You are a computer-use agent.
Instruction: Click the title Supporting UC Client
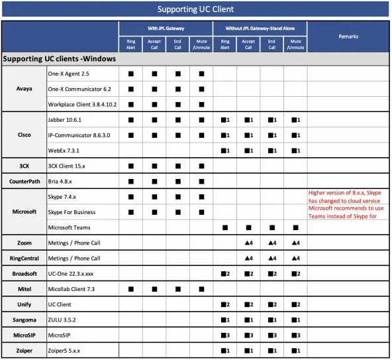[x=195, y=9]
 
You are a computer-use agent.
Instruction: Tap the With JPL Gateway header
[x=166, y=29]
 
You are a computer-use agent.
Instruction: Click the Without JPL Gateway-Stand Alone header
[x=260, y=29]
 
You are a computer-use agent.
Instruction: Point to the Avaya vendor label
[x=24, y=88]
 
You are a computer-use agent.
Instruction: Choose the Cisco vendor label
[x=24, y=135]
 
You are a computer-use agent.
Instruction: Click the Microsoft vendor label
[x=24, y=211]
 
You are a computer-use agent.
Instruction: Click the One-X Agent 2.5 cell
[x=68, y=74]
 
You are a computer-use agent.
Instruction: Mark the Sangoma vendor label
[x=24, y=319]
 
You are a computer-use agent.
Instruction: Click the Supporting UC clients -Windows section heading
[x=60, y=59]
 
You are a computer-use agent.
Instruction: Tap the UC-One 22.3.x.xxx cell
[x=75, y=273]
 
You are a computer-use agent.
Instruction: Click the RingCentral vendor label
[x=24, y=258]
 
